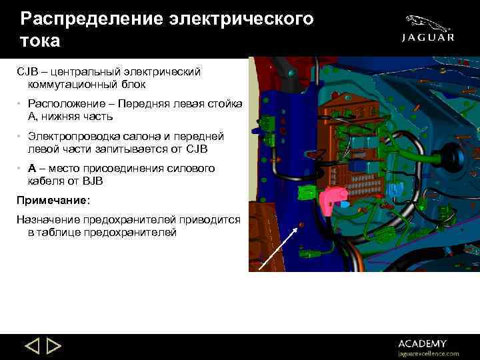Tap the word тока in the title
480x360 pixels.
[41, 41]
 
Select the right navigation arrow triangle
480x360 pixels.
[54, 347]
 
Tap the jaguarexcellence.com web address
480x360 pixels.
[429, 353]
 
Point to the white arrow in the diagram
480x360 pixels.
[277, 247]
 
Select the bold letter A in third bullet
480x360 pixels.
[32, 169]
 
